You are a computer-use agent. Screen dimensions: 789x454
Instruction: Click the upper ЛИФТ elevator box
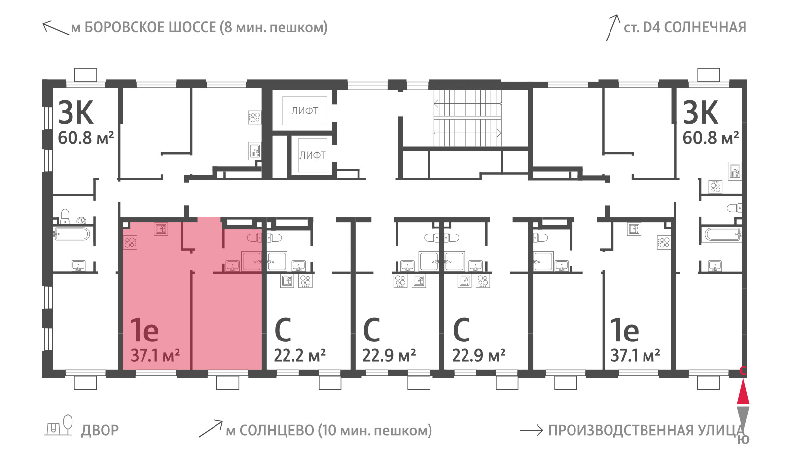[305, 111]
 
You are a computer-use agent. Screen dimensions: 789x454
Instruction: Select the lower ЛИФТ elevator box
[313, 155]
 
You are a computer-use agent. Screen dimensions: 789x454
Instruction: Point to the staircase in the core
[467, 118]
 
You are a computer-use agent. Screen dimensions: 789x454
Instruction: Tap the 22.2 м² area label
[300, 355]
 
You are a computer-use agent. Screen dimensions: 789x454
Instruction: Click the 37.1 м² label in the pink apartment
[155, 355]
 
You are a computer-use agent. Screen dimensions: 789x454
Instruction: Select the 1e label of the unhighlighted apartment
[624, 330]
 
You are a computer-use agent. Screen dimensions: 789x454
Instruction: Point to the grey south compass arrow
[743, 417]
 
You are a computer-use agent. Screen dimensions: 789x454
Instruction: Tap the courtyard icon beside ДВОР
[59, 426]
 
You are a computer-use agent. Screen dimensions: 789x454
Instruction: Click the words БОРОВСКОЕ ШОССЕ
[150, 27]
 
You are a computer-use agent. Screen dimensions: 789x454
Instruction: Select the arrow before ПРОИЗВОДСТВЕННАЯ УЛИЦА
[532, 430]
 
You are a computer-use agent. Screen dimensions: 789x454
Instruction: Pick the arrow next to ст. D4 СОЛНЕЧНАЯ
[612, 28]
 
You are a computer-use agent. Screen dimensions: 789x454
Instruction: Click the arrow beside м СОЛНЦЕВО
[211, 429]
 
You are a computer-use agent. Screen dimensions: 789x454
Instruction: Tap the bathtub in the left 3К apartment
[72, 234]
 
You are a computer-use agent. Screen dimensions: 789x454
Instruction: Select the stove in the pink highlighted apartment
[130, 242]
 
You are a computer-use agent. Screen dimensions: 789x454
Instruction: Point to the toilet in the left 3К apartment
[65, 216]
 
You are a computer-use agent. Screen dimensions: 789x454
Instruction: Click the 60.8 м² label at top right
[711, 138]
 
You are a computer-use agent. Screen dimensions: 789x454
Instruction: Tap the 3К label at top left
[76, 113]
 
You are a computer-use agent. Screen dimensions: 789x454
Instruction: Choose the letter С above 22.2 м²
[283, 330]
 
